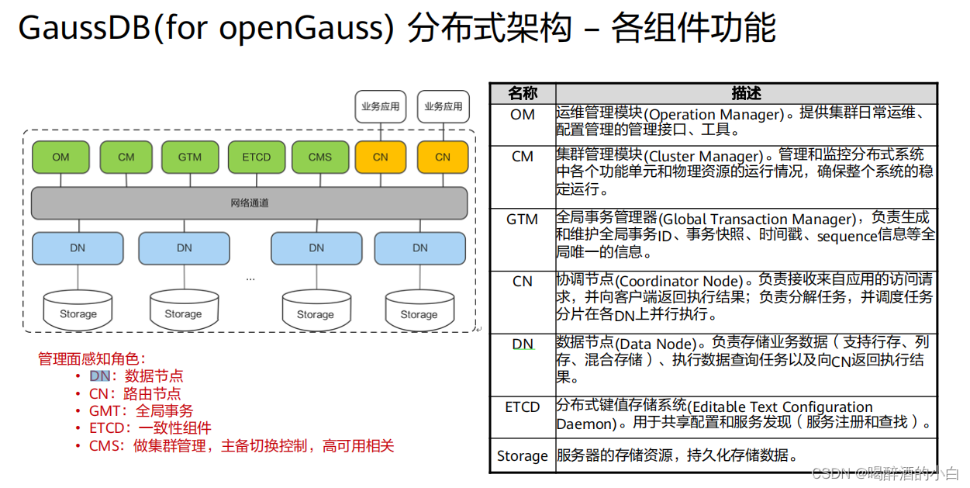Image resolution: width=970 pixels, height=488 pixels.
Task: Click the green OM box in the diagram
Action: pyautogui.click(x=60, y=157)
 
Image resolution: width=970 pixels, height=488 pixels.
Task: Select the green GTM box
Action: pyautogui.click(x=189, y=157)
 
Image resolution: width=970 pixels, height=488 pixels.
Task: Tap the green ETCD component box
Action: pyautogui.click(x=256, y=157)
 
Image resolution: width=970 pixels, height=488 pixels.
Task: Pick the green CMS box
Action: pyautogui.click(x=319, y=157)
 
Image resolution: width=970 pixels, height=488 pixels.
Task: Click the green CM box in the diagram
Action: pyautogui.click(x=126, y=157)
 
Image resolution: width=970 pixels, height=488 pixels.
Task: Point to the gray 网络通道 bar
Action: pyautogui.click(x=250, y=203)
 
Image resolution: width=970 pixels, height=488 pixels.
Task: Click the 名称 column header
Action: pyautogui.click(x=522, y=94)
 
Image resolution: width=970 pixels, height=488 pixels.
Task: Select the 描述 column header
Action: pyautogui.click(x=746, y=94)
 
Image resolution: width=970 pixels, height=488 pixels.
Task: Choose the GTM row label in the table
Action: pyautogui.click(x=522, y=220)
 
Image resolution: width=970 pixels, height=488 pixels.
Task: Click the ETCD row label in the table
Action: pyautogui.click(x=522, y=407)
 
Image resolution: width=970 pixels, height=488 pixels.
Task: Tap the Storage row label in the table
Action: pyautogui.click(x=522, y=456)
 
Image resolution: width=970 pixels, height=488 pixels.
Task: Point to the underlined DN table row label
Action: pyautogui.click(x=523, y=344)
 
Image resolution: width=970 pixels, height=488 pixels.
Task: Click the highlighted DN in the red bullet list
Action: pyautogui.click(x=100, y=376)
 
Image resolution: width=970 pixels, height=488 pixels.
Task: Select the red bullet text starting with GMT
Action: pyautogui.click(x=141, y=410)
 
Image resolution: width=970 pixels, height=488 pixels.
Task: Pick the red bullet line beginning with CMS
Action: pyautogui.click(x=241, y=446)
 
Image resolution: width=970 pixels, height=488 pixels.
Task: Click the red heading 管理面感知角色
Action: pyautogui.click(x=91, y=359)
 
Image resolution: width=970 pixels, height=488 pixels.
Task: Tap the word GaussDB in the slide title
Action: pyautogui.click(x=74, y=29)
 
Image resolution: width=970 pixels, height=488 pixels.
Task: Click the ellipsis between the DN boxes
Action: pyautogui.click(x=250, y=278)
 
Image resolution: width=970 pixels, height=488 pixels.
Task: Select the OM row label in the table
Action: pyautogui.click(x=522, y=115)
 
